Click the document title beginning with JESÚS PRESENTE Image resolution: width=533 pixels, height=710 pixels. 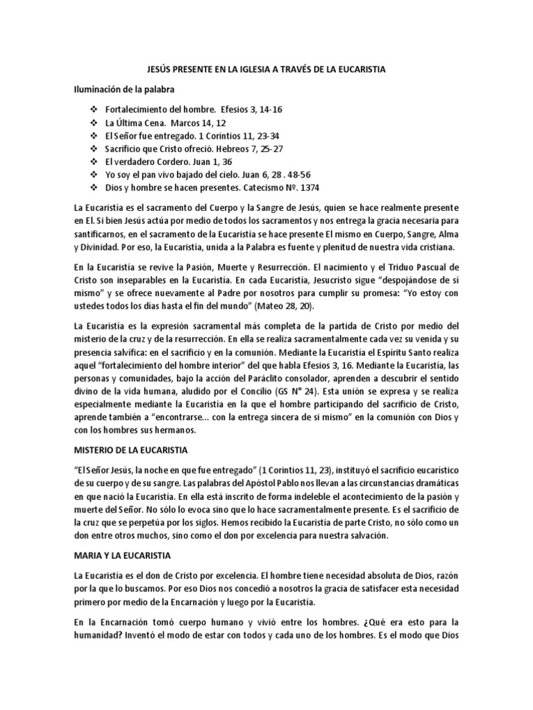click(x=266, y=69)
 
